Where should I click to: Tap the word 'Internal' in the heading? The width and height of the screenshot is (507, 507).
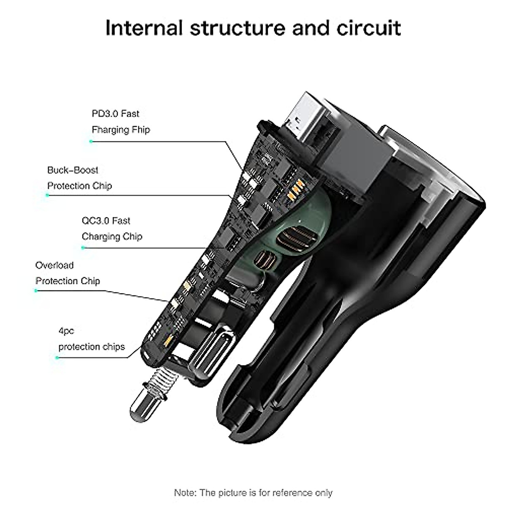click(144, 28)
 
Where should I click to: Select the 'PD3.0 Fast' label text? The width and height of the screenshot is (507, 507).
click(115, 114)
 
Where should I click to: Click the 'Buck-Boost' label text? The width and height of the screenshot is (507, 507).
click(73, 170)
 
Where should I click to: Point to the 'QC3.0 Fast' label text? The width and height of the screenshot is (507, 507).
click(106, 221)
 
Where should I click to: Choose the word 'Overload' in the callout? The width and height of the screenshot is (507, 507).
click(55, 265)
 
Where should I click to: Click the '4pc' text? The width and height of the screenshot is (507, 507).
click(66, 331)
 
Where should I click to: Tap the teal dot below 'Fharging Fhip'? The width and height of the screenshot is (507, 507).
click(91, 142)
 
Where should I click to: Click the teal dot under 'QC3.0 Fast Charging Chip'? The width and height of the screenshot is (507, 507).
click(83, 248)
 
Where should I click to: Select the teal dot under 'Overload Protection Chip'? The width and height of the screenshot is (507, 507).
click(36, 291)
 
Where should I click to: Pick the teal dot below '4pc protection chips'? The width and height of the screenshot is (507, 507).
click(58, 357)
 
